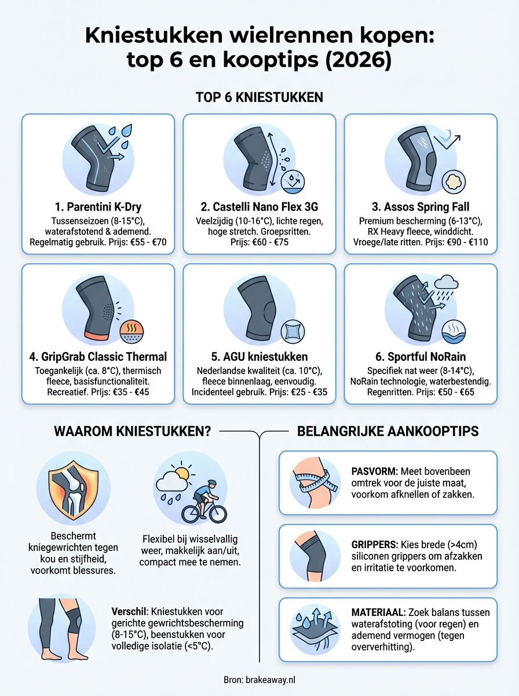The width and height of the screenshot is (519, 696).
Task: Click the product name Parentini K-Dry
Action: (98, 206)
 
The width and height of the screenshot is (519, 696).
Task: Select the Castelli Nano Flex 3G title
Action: (259, 206)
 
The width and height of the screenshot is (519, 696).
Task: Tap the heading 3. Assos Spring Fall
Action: (421, 206)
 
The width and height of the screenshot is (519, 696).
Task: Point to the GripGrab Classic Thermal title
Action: (98, 356)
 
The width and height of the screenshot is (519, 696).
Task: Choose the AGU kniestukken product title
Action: (259, 356)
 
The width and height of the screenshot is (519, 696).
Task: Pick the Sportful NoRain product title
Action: (421, 356)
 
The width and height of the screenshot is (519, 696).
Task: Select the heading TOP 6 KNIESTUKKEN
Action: (259, 97)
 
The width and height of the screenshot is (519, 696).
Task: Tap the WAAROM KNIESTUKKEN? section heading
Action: (132, 432)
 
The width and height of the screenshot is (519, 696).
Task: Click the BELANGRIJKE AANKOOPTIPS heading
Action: (389, 432)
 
